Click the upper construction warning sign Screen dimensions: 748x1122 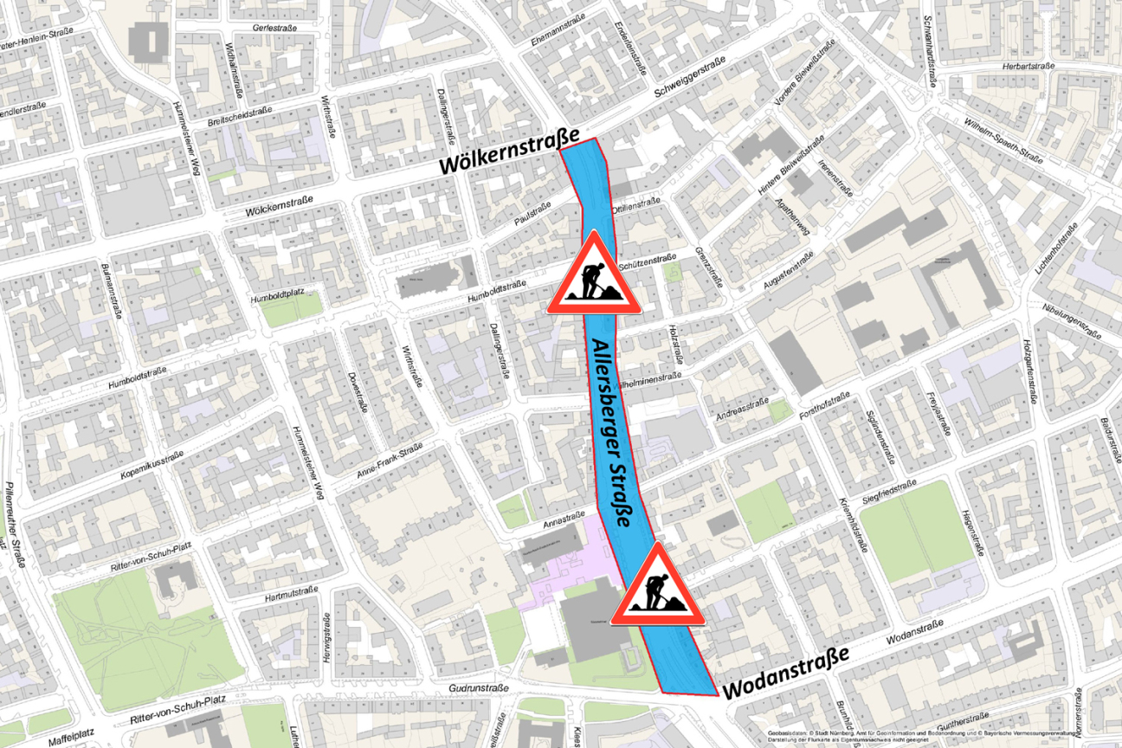pos(594,275)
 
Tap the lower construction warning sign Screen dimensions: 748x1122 pos(657,587)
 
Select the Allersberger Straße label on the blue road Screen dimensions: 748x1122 pos(621,432)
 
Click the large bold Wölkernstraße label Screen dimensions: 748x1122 pos(508,152)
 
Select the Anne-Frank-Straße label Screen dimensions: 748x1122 pos(389,461)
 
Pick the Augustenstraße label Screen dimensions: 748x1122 pos(790,272)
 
